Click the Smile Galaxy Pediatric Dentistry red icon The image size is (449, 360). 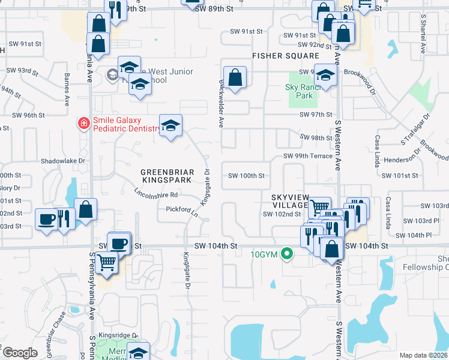pyautogui.click(x=85, y=124)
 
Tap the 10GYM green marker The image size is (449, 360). pyautogui.click(x=288, y=254)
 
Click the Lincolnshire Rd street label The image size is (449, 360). pyautogui.click(x=156, y=194)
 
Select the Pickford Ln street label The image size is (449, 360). pyautogui.click(x=182, y=211)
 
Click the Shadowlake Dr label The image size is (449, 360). pyautogui.click(x=63, y=161)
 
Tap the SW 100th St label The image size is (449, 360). pyautogui.click(x=246, y=176)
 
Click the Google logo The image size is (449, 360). pyautogui.click(x=20, y=353)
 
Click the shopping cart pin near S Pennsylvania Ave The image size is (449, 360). pyautogui.click(x=106, y=262)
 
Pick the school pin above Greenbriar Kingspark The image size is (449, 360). pyautogui.click(x=171, y=125)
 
